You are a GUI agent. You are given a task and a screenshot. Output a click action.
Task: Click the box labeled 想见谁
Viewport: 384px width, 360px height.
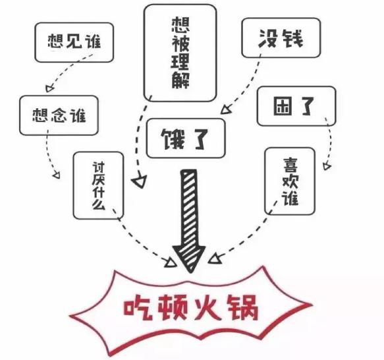74,42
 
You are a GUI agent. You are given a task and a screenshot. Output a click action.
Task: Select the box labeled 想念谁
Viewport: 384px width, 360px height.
59,115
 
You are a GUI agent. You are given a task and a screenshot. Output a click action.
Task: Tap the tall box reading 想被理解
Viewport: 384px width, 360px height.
180,53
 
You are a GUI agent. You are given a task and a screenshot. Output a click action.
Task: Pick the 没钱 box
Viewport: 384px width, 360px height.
281,38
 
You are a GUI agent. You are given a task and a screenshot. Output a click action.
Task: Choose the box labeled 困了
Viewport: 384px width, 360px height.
296,106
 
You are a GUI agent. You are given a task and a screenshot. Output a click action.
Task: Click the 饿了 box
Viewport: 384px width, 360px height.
186,138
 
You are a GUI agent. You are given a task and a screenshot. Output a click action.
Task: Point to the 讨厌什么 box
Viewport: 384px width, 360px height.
98,185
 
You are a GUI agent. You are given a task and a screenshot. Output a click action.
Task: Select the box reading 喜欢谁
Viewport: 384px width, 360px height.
290,181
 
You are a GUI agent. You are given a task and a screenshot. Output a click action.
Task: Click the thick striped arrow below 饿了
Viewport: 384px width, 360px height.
189,221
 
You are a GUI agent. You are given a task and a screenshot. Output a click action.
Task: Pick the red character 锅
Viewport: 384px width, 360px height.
243,307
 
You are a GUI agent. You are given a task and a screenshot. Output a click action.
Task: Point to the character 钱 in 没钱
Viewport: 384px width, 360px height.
292,38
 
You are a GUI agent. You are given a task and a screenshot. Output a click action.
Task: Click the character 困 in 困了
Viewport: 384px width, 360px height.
283,106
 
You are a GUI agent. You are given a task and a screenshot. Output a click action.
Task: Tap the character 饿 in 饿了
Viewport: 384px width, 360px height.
173,139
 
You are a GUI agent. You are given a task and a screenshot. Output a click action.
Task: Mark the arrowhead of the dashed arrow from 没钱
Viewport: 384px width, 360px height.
225,109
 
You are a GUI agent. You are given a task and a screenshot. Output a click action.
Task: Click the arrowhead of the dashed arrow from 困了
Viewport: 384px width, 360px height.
327,166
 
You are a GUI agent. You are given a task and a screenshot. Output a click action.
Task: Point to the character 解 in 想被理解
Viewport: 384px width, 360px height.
180,80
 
